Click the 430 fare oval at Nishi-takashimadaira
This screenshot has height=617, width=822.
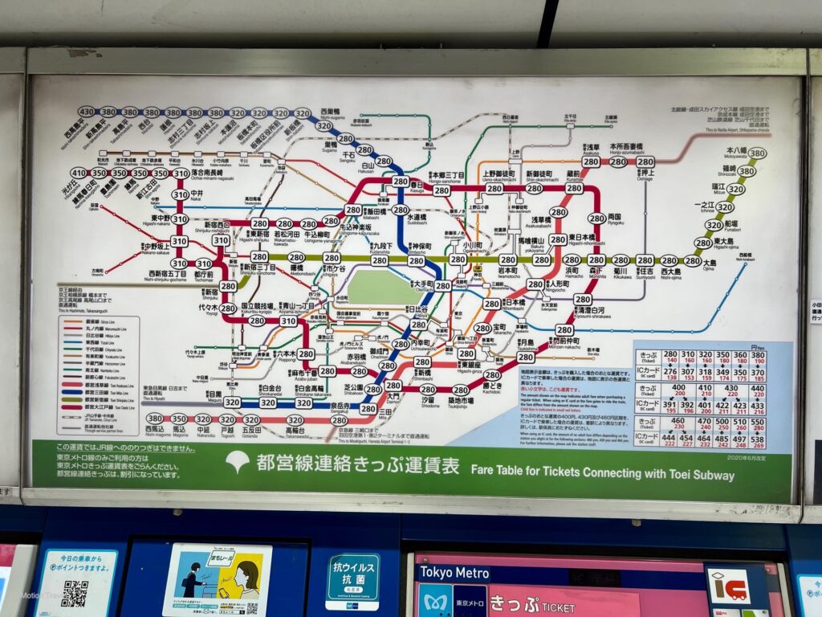pos(87,112)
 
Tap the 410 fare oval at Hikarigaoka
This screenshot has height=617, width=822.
pos(78,173)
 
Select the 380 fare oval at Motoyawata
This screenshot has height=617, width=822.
pos(757,153)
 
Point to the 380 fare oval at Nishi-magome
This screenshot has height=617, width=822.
pos(154,419)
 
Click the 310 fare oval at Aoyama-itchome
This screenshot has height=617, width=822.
pos(288,321)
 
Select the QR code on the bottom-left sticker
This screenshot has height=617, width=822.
pos(75,593)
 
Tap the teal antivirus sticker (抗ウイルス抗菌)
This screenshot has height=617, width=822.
pos(352,582)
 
